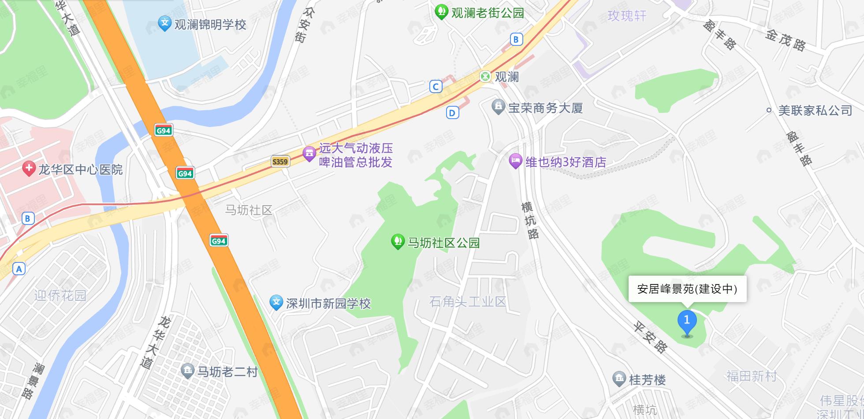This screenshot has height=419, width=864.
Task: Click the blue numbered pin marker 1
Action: coord(687,322)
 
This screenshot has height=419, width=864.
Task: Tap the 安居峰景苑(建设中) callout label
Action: coord(687,289)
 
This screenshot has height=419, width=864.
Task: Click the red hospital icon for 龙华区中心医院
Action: coord(29,169)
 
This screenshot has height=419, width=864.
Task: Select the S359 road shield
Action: coord(280,161)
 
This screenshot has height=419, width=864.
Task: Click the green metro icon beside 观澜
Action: coord(485,76)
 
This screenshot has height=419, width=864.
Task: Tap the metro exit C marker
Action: coord(436,86)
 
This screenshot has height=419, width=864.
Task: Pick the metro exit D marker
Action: coord(452,113)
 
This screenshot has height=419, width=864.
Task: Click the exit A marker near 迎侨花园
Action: coord(19,269)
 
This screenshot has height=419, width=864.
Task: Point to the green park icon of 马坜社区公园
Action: coord(398,241)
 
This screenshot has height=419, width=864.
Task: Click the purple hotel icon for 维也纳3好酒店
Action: coord(515,161)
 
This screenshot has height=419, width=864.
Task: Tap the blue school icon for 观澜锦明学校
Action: coord(164,23)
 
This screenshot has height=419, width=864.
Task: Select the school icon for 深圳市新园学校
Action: coord(276,303)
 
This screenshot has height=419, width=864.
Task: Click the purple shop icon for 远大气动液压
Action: coord(309,153)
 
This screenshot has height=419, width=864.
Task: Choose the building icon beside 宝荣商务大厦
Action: coord(498,107)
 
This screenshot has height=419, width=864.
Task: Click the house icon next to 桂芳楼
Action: coord(619,379)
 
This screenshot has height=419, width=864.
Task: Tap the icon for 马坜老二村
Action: coord(187,371)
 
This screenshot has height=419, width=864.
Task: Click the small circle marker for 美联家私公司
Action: coord(769,110)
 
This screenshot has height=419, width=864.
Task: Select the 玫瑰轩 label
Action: coord(627,16)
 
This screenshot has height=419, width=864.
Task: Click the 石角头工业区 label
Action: coord(467,302)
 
